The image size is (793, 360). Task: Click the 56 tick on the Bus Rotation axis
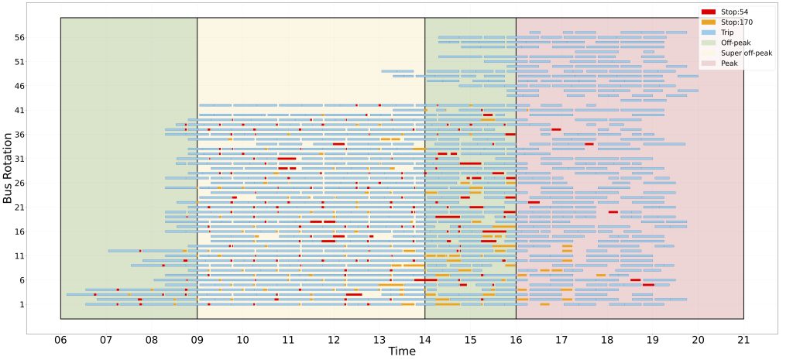tap(20, 37)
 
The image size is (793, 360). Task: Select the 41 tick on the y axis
tap(20, 110)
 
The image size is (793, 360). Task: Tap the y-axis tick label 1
tap(22, 304)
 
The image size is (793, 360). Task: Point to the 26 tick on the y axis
tap(20, 183)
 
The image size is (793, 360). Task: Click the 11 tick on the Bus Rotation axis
tap(20, 255)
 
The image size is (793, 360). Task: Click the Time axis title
tap(402, 351)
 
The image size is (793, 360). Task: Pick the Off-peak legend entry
tap(735, 43)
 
